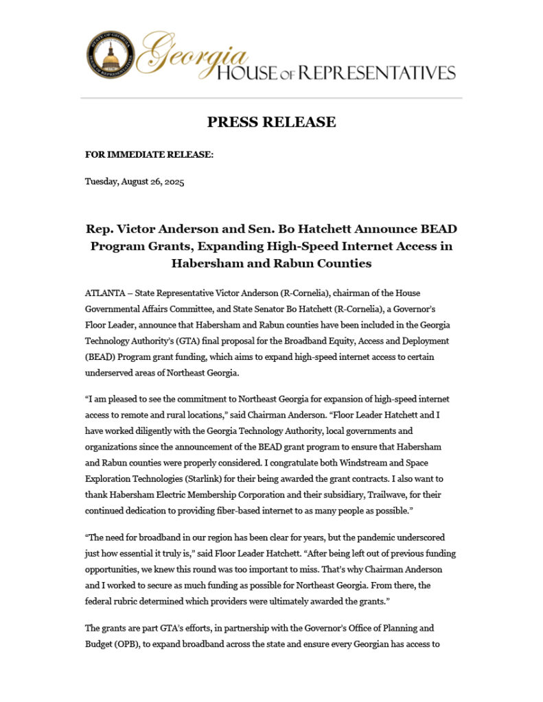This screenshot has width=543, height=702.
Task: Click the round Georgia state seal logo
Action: tap(111, 55)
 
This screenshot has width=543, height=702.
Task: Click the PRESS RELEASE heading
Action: tap(271, 122)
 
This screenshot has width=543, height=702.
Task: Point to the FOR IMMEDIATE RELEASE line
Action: tap(149, 155)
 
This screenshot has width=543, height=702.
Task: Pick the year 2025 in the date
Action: tap(172, 182)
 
